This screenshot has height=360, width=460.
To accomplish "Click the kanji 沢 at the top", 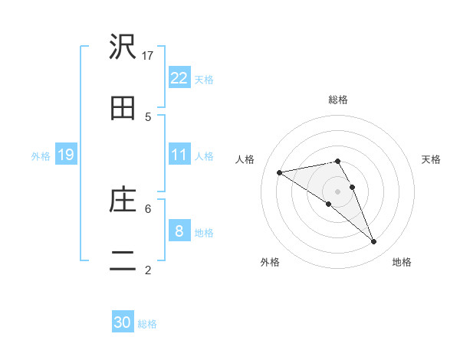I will [123, 47].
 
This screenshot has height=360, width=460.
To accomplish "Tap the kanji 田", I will [123, 108].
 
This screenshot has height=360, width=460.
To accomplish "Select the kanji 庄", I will [123, 200].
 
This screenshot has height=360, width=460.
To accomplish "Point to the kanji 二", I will [123, 261].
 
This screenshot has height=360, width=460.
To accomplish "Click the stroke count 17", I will [149, 55].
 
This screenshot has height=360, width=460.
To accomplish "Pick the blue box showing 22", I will [179, 77].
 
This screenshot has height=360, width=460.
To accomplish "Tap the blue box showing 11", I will [179, 155].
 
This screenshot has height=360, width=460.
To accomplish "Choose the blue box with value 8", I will [179, 231].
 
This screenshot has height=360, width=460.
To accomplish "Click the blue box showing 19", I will [66, 155].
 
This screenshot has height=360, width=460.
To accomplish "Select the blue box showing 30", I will [123, 322].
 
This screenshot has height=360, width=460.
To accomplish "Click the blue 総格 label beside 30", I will [147, 324].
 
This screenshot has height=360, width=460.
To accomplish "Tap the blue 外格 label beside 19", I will [41, 156].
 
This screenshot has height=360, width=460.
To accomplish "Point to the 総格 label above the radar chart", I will [338, 100].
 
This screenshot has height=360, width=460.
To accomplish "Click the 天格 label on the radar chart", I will [432, 159].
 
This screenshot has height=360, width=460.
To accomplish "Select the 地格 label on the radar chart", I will [402, 262].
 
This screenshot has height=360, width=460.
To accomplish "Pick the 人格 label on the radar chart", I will [245, 159].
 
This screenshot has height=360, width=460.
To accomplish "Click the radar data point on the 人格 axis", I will [279, 172].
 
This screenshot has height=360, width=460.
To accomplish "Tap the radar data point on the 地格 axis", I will [374, 242].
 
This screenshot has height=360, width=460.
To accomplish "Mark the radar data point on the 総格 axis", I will [338, 161].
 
